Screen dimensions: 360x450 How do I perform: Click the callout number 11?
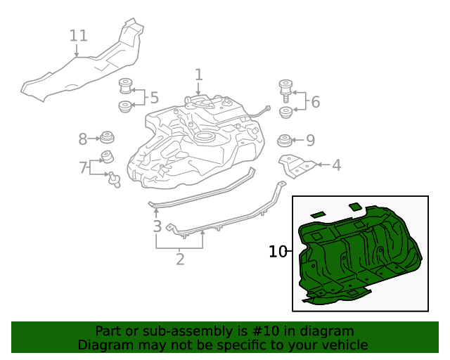(79, 34)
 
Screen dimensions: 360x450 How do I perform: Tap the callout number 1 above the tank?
(198, 75)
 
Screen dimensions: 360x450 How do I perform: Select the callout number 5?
(154, 98)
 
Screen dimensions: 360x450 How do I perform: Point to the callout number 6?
(315, 102)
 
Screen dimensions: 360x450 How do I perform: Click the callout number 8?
(82, 139)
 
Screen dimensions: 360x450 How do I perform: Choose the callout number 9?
(310, 139)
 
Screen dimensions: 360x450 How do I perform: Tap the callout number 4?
(336, 165)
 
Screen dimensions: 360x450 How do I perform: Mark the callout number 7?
(84, 167)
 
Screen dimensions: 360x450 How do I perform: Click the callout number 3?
(157, 226)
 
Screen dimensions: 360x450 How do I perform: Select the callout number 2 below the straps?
(180, 259)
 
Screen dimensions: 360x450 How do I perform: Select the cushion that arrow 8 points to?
(108, 136)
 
